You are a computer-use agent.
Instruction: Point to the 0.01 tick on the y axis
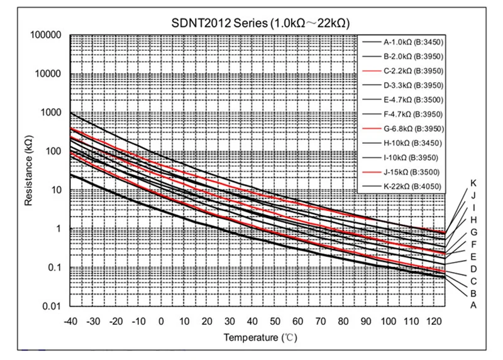coord(52,307)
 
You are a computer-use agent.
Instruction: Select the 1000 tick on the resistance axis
coord(50,112)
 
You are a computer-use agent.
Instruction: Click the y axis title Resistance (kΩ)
coord(28,171)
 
